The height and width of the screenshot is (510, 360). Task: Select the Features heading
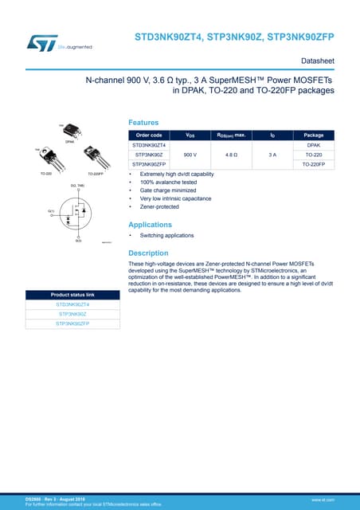[143, 122]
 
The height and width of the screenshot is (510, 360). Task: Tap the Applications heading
[151, 224]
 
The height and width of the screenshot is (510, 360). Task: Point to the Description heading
[148, 253]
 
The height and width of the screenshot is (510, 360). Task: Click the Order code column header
[149, 135]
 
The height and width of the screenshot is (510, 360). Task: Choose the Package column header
[314, 135]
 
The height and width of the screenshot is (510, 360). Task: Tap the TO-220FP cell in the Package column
[314, 164]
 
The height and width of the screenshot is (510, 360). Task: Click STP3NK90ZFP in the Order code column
[149, 164]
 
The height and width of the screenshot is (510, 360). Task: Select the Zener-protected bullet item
[159, 206]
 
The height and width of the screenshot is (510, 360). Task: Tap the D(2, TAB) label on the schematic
[78, 185]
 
